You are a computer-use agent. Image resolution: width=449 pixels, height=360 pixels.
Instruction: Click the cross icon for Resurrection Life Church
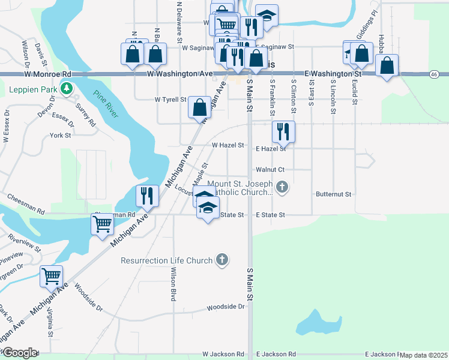click(x=222, y=260)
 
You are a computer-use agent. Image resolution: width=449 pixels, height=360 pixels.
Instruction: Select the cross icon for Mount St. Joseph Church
click(x=283, y=188)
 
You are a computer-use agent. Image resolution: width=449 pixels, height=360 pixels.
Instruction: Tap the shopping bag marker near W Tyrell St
click(x=200, y=107)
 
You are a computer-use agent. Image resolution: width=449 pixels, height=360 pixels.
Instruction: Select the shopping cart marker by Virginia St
click(x=51, y=277)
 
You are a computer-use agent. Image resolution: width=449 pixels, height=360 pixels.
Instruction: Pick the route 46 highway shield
click(x=433, y=74)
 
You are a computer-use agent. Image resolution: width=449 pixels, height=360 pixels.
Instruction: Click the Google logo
click(x=19, y=353)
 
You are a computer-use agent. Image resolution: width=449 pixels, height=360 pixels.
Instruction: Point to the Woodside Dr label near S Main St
click(x=226, y=307)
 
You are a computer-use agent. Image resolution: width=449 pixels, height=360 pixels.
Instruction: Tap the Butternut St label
click(x=333, y=194)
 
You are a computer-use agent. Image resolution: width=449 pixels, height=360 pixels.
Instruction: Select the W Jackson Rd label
click(x=223, y=355)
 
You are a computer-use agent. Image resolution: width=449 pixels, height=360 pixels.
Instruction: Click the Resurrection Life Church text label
click(x=166, y=260)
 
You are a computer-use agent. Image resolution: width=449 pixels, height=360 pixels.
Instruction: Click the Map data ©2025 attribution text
click(x=423, y=355)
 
